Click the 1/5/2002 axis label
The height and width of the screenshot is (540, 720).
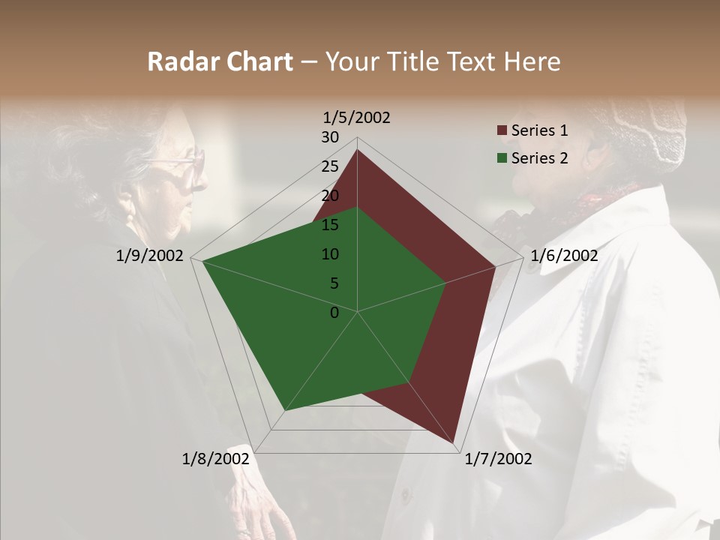356,118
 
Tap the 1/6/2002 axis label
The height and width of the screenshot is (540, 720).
564,256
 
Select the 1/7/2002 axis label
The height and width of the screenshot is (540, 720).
498,459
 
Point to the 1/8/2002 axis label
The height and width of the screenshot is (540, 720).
215,459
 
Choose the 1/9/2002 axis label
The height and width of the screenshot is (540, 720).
149,256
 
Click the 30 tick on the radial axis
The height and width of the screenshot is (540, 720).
329,137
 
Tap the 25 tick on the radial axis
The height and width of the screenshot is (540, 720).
329,166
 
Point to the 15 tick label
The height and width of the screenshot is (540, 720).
329,225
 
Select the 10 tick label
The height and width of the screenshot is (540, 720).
329,254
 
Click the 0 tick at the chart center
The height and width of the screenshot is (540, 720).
334,313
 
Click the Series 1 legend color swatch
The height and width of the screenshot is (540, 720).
502,130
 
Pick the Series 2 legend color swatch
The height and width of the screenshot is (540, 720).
502,158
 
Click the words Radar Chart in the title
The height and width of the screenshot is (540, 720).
220,62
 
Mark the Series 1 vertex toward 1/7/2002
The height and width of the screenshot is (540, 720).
454,442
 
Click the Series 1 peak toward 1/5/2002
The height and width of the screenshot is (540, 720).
357,150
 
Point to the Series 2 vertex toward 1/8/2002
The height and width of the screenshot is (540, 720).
286,410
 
